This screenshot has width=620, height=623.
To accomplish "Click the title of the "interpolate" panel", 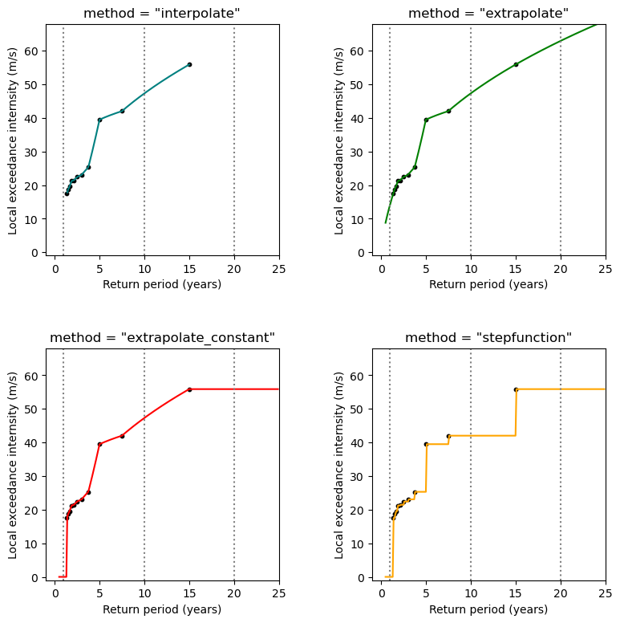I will point(162,13).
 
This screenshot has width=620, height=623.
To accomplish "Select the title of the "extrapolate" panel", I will point(488,13).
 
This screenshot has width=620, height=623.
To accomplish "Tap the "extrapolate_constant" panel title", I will point(162,338).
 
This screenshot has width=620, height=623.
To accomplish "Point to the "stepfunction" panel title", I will point(488,338).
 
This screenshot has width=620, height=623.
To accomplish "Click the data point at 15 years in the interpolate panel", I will point(189,64).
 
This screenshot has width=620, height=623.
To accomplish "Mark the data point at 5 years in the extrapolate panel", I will point(426,120).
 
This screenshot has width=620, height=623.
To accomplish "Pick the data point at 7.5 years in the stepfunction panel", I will point(448,436).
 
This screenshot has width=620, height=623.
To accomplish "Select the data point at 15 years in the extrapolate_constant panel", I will point(189,389).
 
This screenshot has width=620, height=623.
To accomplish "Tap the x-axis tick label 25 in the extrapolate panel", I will point(606,270).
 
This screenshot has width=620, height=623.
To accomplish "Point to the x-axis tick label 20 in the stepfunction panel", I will point(561,594).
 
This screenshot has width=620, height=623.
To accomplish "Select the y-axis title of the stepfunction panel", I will point(339,462).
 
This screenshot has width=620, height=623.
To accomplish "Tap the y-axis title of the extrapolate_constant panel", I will point(13,462).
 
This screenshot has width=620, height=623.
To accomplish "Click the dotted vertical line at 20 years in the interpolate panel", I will point(234,161).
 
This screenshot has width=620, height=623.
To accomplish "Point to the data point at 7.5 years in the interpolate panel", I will point(122,111).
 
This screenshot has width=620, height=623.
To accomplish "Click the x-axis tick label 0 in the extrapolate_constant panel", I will point(55,594).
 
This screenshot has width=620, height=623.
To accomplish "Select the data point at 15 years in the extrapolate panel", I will point(516,64).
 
